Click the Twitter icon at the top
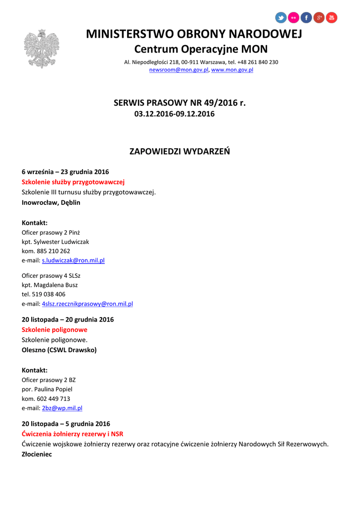click(281, 18)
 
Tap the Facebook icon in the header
click(306, 18)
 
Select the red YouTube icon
click(331, 18)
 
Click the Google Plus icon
click(319, 18)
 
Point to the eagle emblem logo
click(41, 49)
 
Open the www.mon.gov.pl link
click(232, 70)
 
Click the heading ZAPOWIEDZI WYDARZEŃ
click(180, 151)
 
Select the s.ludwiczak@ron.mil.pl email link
click(73, 260)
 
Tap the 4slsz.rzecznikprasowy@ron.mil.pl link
click(87, 304)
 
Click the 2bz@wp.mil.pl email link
click(62, 408)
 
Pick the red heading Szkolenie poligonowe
click(55, 329)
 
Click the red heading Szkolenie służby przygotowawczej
click(73, 182)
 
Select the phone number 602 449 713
click(53, 398)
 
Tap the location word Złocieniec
click(37, 454)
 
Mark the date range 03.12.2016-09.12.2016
click(174, 114)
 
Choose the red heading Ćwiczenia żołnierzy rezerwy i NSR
click(72, 434)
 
